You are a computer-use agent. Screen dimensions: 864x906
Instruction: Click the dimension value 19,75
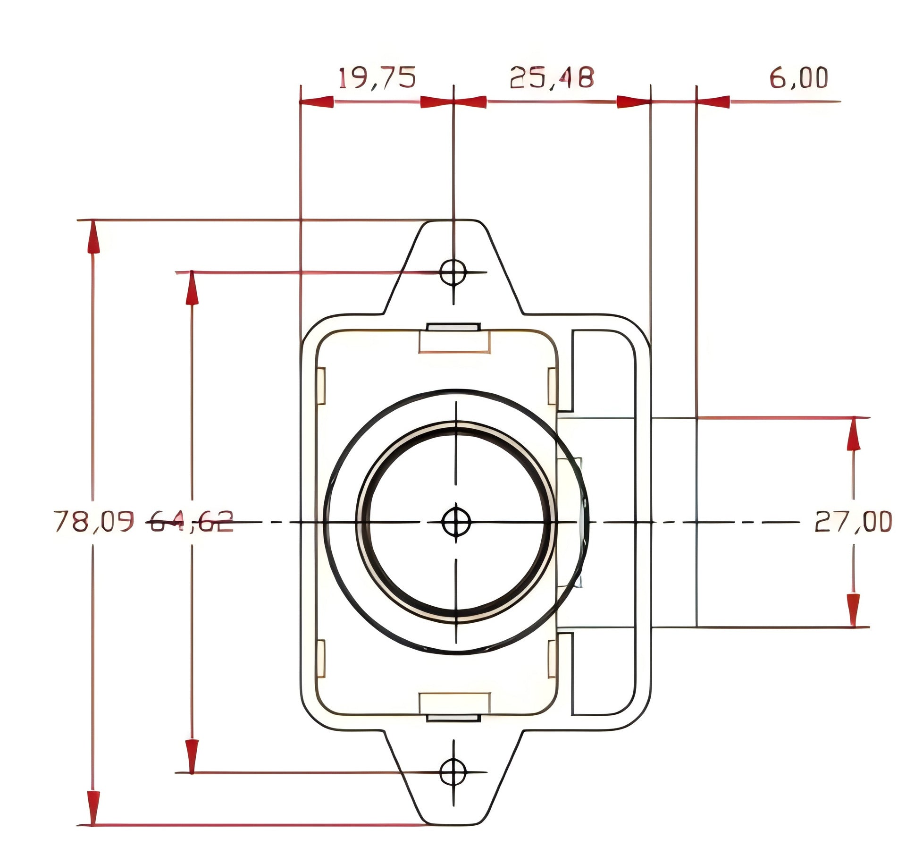coord(377,78)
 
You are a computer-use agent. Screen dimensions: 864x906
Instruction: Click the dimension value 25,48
coord(552,77)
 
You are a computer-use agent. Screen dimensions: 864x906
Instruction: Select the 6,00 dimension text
coord(798,78)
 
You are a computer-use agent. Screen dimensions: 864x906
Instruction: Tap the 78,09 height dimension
coord(93,521)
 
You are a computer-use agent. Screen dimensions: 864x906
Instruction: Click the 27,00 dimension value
coord(853,521)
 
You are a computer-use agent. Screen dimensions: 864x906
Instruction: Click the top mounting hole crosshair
coord(453,272)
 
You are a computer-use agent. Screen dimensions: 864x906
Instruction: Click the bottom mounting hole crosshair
coord(453,772)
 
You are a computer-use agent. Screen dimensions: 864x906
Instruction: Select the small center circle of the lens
coord(456,522)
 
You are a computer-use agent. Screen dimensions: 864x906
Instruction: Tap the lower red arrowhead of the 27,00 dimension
coord(853,610)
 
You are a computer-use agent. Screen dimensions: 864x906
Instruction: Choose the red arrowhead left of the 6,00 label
coord(713,102)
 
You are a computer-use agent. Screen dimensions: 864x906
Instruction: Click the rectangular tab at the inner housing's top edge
coord(454,340)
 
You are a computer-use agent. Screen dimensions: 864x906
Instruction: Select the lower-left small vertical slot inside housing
coord(320,659)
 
